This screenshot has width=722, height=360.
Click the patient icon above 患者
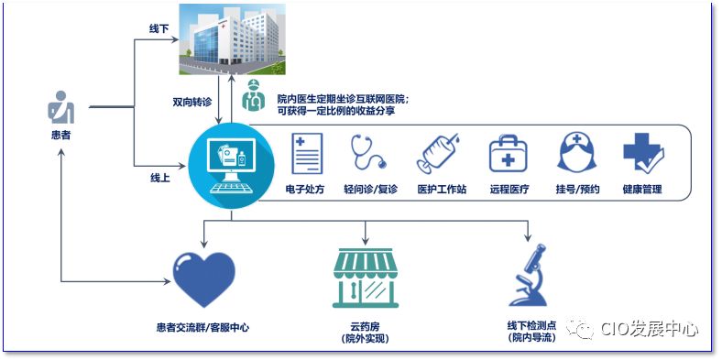[60, 108]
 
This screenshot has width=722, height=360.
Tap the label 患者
[60, 135]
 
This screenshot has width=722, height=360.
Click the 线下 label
[160, 29]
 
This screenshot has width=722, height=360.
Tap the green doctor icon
[251, 96]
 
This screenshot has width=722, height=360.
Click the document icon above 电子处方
[307, 153]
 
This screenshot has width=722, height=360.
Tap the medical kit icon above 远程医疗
[508, 153]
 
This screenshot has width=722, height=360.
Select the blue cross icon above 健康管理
[641, 153]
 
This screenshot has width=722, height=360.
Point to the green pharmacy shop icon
[365, 278]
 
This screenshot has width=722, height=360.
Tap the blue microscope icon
[529, 276]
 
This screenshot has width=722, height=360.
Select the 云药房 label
[364, 326]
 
